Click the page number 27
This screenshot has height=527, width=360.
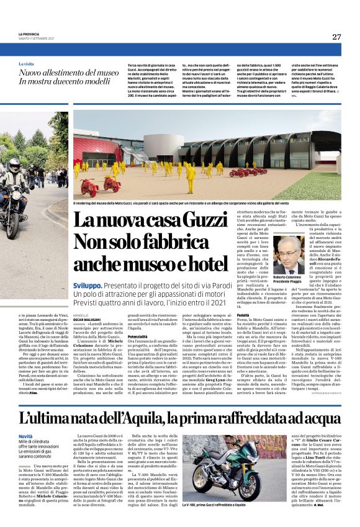pos(336,37)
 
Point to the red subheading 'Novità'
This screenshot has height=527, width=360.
pos(25,420)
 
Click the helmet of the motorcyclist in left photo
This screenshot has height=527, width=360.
pos(14,166)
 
